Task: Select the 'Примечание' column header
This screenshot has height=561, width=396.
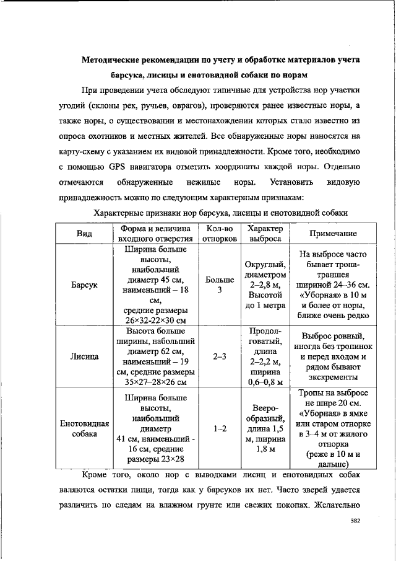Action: pyautogui.click(x=334, y=233)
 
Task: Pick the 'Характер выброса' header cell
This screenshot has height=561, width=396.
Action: pyautogui.click(x=265, y=233)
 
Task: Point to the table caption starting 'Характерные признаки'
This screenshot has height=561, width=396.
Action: pyautogui.click(x=220, y=213)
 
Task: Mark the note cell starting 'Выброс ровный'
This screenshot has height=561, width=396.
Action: pyautogui.click(x=334, y=357)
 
